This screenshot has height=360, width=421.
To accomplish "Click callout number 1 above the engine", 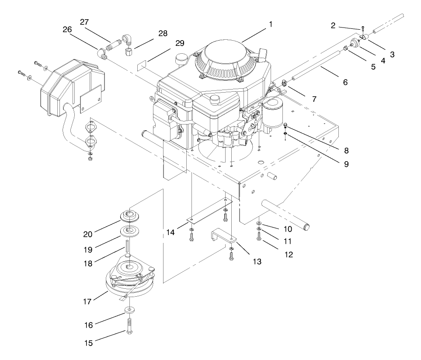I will pyautogui.click(x=271, y=25).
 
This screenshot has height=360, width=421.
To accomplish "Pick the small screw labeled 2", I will pyautogui.click(x=363, y=30).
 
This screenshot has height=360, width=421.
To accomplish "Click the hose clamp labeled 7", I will pyautogui.click(x=285, y=82).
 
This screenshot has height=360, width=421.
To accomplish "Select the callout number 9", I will pyautogui.click(x=346, y=166).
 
